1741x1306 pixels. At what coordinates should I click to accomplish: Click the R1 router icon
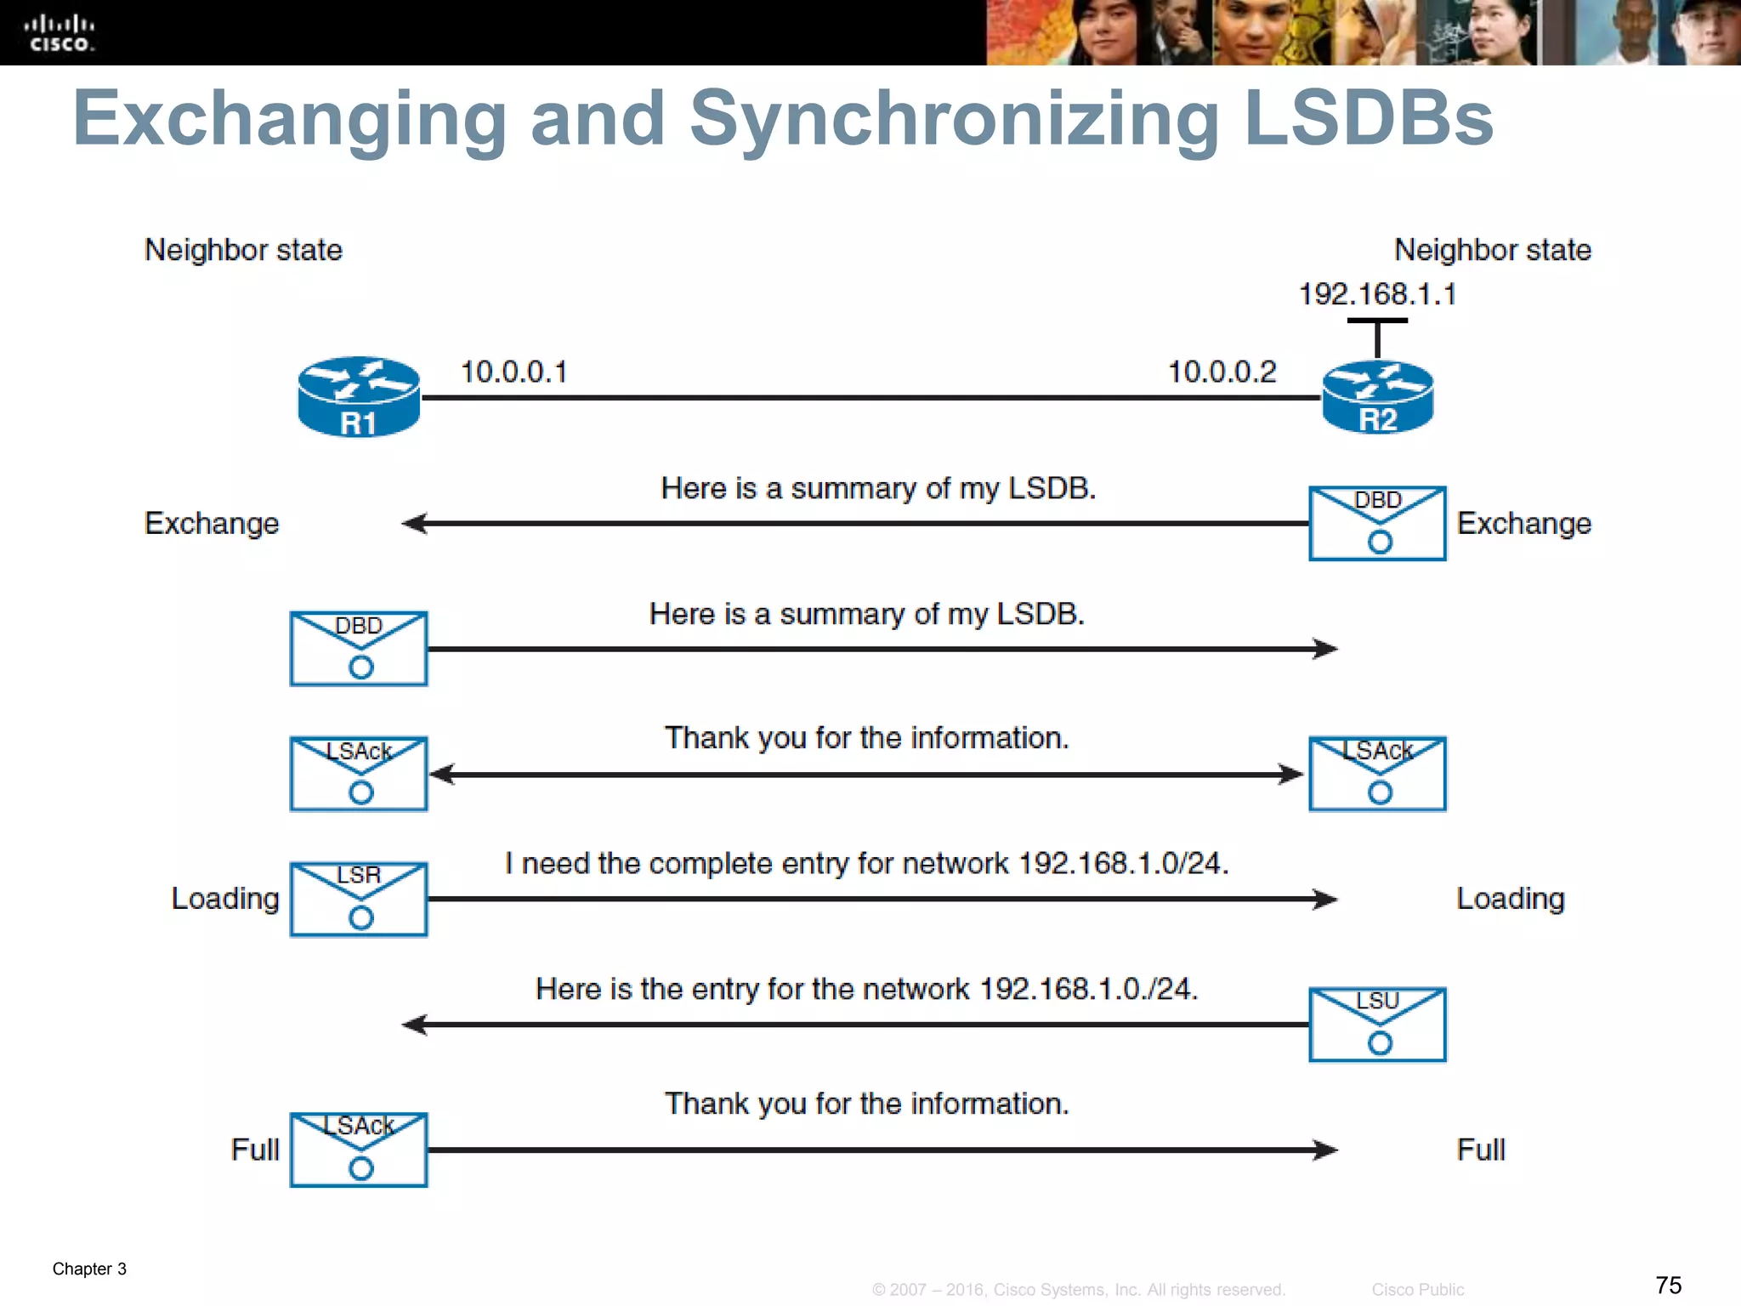tap(359, 397)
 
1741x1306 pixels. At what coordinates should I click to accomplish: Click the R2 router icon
tap(1377, 397)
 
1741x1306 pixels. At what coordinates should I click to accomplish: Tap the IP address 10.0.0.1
tap(513, 372)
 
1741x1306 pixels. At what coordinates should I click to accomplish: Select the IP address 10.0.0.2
tap(1222, 372)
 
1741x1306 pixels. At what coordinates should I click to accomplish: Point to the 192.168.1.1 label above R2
tap(1377, 294)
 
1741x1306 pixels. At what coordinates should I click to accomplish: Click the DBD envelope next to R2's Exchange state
tap(1377, 523)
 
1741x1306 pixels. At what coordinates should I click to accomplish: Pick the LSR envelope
tap(359, 899)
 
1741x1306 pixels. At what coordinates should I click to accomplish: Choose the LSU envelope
tap(1377, 1024)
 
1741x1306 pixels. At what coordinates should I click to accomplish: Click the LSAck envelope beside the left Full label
tap(359, 1149)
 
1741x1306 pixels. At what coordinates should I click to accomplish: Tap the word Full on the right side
tap(1481, 1150)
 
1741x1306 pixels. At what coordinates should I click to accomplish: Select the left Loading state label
tap(225, 899)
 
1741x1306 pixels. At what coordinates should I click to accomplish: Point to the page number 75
tap(1668, 1285)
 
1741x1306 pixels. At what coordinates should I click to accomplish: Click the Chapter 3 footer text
tap(89, 1269)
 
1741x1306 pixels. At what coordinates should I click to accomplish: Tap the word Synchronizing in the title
tap(954, 119)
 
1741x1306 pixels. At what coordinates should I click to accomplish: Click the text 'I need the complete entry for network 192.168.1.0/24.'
tap(866, 864)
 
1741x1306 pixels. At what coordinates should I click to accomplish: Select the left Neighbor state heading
tap(243, 250)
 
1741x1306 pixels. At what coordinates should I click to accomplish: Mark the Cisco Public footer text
tap(1417, 1290)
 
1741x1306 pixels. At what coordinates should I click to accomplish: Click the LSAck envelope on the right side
tap(1377, 774)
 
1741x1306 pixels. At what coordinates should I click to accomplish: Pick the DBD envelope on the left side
tap(359, 648)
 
